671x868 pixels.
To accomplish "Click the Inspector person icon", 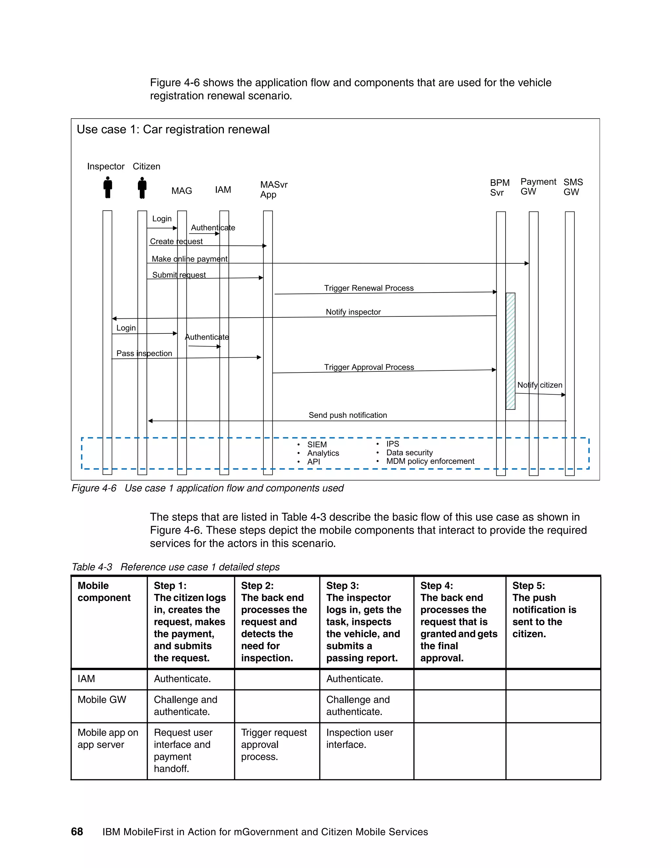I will pyautogui.click(x=107, y=188).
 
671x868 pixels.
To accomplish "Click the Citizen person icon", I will pyautogui.click(x=142, y=188).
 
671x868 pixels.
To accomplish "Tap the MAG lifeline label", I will pyautogui.click(x=182, y=191).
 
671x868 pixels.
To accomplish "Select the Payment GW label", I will pyautogui.click(x=538, y=186).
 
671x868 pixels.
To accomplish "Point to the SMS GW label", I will pyautogui.click(x=573, y=187).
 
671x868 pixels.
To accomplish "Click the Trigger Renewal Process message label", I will pyautogui.click(x=369, y=288).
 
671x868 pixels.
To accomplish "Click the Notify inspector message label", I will pyautogui.click(x=353, y=312).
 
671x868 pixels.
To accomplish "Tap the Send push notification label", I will pyautogui.click(x=347, y=415).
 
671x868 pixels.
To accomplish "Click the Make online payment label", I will pyautogui.click(x=190, y=259).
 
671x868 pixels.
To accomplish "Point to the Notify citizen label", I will pyautogui.click(x=539, y=385).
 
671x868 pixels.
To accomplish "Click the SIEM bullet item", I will pyautogui.click(x=317, y=444).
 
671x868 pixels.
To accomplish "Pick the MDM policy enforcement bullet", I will pyautogui.click(x=430, y=461).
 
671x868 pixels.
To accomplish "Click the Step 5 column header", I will pyautogui.click(x=544, y=609).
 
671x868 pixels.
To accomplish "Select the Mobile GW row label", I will pyautogui.click(x=102, y=700).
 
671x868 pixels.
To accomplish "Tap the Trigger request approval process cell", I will pyautogui.click(x=274, y=745).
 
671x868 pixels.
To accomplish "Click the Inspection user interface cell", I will pyautogui.click(x=359, y=738).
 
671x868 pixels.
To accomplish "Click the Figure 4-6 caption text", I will pyautogui.click(x=207, y=488).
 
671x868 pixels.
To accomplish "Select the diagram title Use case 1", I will pyautogui.click(x=173, y=130).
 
